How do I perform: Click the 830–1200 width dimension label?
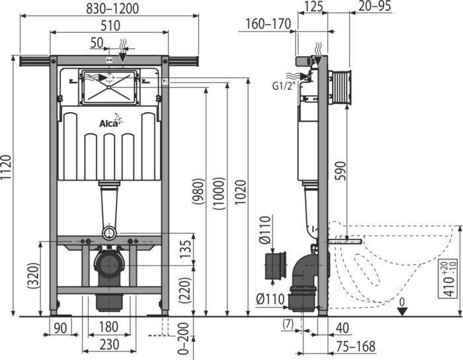(112, 8)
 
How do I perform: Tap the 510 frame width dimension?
(110, 25)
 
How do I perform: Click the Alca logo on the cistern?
(110, 121)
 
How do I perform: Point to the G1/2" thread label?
(284, 86)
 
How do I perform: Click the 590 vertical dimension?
(340, 171)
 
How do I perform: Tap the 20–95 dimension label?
(375, 6)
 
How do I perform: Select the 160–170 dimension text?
(268, 24)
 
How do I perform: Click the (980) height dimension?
(198, 191)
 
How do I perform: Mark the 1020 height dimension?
(240, 193)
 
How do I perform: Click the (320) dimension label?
(33, 275)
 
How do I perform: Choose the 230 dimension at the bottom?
(109, 345)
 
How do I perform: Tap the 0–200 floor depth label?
(183, 339)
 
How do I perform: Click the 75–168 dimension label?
(357, 346)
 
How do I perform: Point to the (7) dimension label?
(288, 324)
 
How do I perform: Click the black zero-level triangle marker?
(402, 312)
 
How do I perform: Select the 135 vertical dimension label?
(186, 249)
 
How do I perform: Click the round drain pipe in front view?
(109, 265)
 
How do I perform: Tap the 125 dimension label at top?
(313, 6)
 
